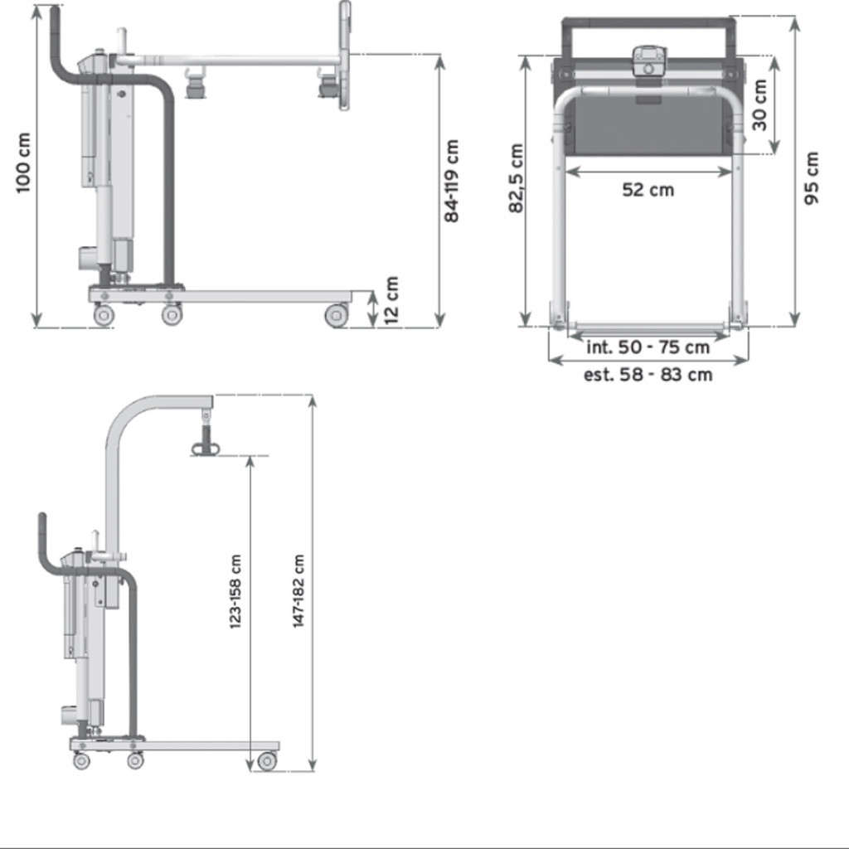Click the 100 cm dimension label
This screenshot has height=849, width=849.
23,163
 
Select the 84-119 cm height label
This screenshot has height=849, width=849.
452,181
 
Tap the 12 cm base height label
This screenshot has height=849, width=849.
392,299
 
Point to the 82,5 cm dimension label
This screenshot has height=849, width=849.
517,179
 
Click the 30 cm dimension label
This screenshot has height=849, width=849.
759,104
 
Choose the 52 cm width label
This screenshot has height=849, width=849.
648,190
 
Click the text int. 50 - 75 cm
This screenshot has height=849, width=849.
648,347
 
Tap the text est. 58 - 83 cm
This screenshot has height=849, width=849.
648,375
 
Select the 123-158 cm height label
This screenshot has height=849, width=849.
235,591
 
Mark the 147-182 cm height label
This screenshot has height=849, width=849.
299,591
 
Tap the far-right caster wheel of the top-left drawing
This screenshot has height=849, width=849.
337,315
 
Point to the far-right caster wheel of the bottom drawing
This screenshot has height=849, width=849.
267,761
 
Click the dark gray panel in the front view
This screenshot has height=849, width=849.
648,124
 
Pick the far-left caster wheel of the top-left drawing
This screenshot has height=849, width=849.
104,315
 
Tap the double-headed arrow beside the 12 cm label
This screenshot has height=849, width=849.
373,308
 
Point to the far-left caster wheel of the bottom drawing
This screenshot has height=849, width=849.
81,761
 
